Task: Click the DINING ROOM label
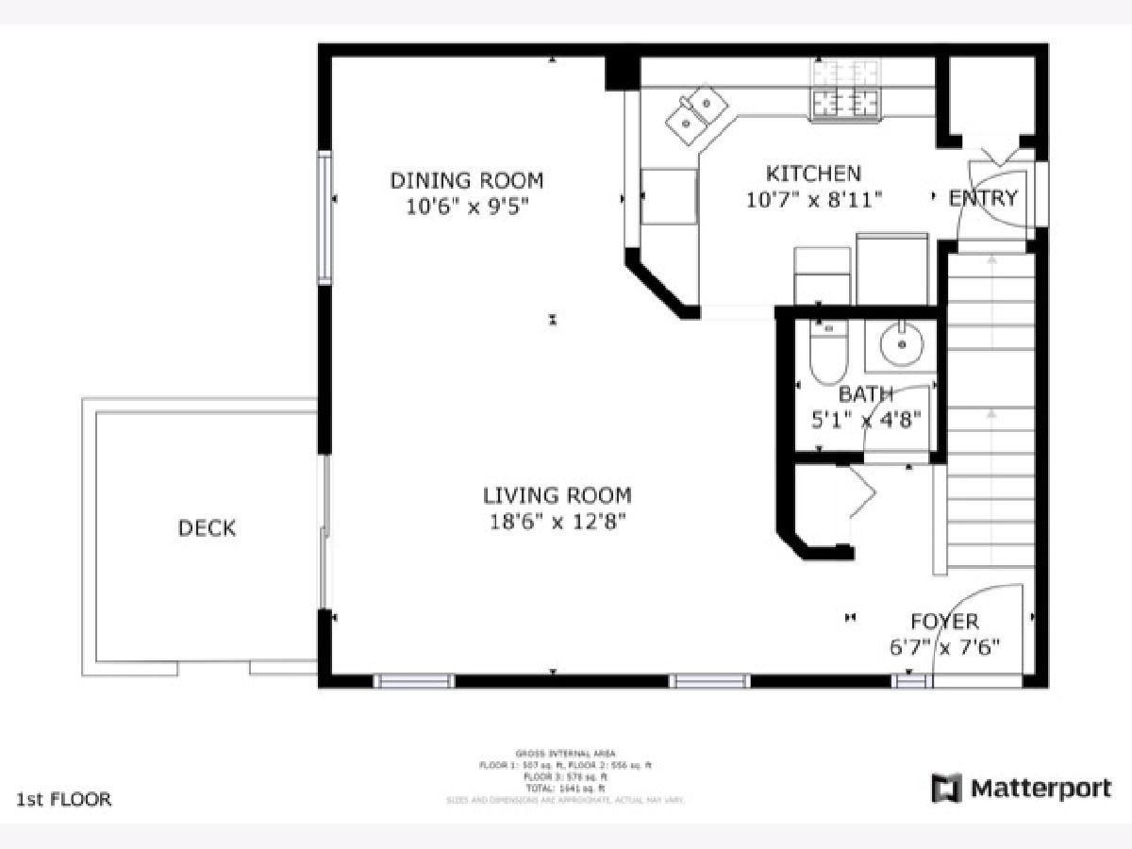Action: pyautogui.click(x=467, y=180)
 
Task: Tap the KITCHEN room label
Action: pyautogui.click(x=812, y=174)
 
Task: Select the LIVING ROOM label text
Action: pyautogui.click(x=557, y=495)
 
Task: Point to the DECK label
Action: pyautogui.click(x=207, y=528)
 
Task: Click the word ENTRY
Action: pyautogui.click(x=983, y=198)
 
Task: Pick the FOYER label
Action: pyautogui.click(x=943, y=622)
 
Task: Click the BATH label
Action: pyautogui.click(x=865, y=394)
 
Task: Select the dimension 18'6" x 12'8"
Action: pyautogui.click(x=557, y=521)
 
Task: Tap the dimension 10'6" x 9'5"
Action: pyautogui.click(x=467, y=206)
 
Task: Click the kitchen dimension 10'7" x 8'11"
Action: pyautogui.click(x=813, y=199)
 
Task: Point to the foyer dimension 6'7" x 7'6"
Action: pyautogui.click(x=943, y=647)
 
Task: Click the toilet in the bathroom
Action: pyautogui.click(x=829, y=351)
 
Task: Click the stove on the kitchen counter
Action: pyautogui.click(x=845, y=90)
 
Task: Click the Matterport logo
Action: pyautogui.click(x=1022, y=788)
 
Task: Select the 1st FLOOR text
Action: pyautogui.click(x=64, y=800)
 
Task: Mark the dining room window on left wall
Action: pyautogui.click(x=325, y=217)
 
